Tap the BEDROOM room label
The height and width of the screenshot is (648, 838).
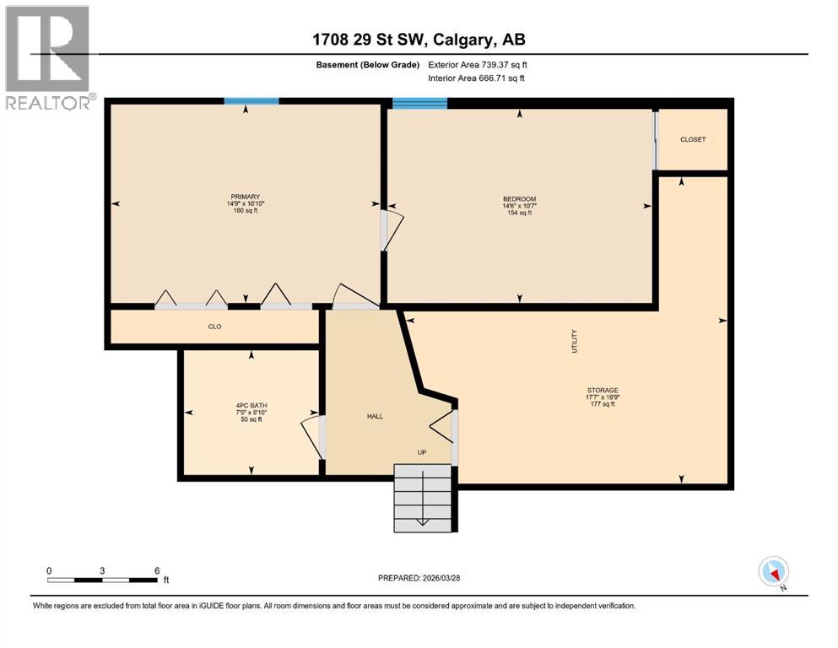[x=519, y=199]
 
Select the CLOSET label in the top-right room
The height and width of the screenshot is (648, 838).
[x=692, y=139]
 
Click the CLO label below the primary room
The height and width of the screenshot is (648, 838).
[x=214, y=327]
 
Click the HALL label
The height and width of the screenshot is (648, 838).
[x=376, y=417]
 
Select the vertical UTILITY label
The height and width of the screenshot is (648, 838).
[x=575, y=341]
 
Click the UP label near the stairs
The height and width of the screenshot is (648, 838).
[x=422, y=452]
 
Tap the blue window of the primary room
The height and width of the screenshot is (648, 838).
[x=251, y=101]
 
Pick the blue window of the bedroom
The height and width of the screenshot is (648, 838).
[x=419, y=104]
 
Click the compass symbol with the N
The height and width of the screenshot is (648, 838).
[x=774, y=571]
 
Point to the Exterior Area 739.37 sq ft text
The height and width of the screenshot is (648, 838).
[x=478, y=64]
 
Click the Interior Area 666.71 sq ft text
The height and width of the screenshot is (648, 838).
[x=477, y=78]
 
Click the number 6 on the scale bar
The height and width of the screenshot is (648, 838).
[x=157, y=570]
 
